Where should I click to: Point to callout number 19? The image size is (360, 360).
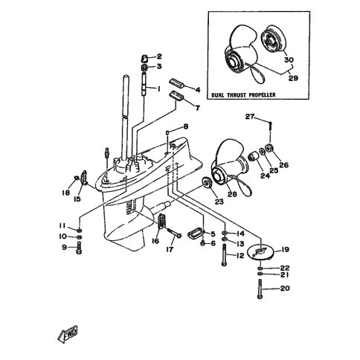coord(286,250)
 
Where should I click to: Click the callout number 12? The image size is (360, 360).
coord(240,255)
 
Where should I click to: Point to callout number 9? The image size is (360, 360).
coord(63,248)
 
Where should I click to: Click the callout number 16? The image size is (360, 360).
coord(155,242)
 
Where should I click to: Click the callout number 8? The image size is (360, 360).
coord(186,128)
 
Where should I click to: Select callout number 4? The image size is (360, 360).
coord(197,89)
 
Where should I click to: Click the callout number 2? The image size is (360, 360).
coord(158,57)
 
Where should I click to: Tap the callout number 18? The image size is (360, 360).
coord(65,192)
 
